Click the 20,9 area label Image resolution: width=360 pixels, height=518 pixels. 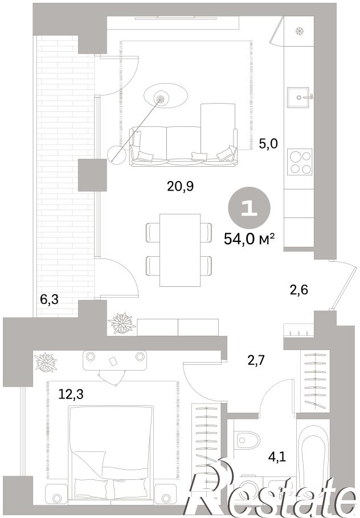180,187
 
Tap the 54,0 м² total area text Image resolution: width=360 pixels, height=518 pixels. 249,238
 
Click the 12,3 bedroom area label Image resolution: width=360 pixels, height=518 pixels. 71,394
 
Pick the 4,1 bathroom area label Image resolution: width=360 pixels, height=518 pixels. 277,457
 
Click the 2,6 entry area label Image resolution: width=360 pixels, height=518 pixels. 298,290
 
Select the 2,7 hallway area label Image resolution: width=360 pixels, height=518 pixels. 257,359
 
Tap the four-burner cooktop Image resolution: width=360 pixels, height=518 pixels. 300,162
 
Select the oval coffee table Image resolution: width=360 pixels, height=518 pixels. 166,96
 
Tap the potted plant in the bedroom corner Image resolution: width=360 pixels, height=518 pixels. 44,362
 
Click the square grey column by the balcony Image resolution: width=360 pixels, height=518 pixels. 92,175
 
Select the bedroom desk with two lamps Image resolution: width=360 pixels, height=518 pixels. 115,360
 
